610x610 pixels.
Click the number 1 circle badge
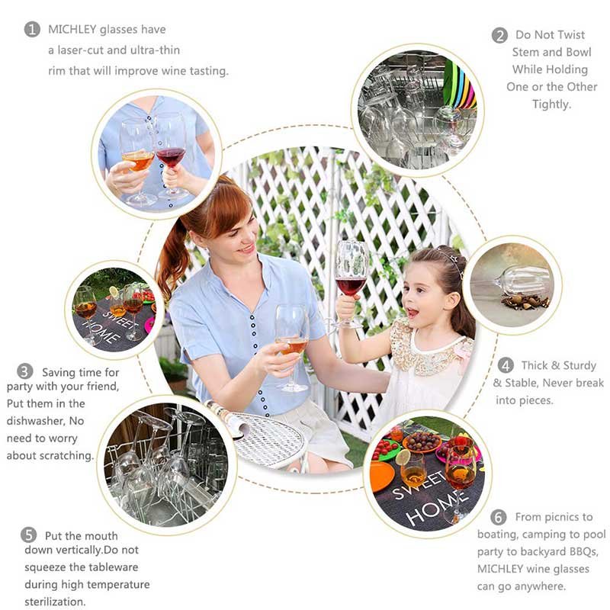tap(32, 30)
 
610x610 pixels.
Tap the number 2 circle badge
tap(499, 35)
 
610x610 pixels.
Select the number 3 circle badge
tap(25, 371)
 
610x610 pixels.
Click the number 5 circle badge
tap(29, 535)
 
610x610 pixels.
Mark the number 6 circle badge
tap(499, 517)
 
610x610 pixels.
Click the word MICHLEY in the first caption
tap(75, 30)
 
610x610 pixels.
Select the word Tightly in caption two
tap(551, 104)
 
